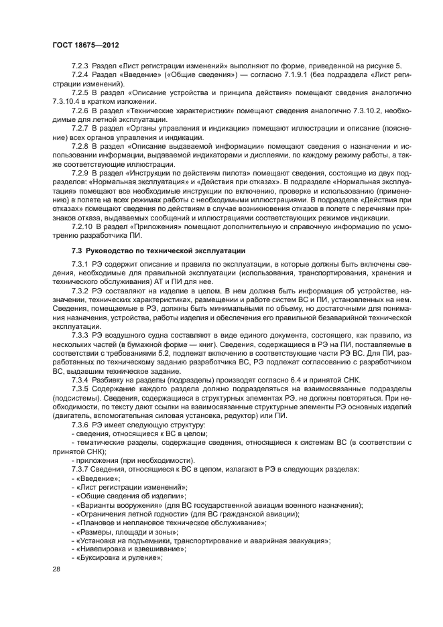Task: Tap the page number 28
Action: pyautogui.click(x=56, y=568)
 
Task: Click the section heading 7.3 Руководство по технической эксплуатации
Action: pyautogui.click(x=157, y=250)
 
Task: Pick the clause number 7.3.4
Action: pyautogui.click(x=82, y=379)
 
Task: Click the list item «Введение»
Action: pyautogui.click(x=99, y=478)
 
